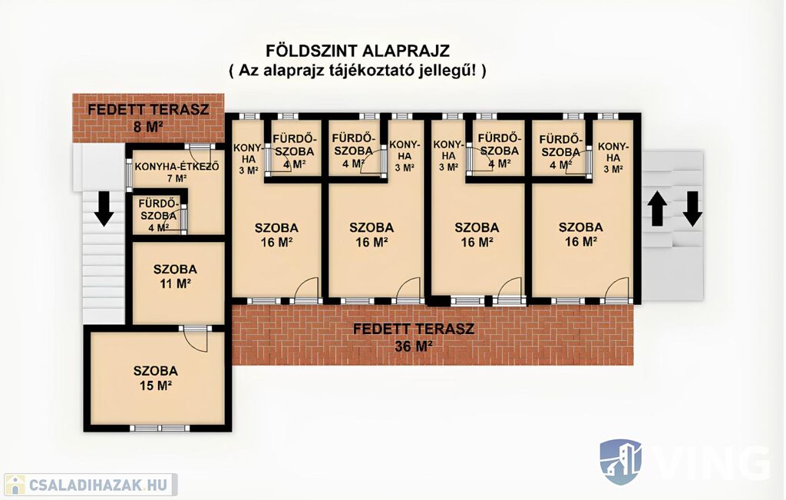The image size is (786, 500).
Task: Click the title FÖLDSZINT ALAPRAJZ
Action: pyautogui.click(x=357, y=51)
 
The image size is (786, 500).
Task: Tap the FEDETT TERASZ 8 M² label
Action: pyautogui.click(x=148, y=118)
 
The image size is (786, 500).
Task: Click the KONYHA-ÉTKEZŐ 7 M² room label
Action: pyautogui.click(x=177, y=172)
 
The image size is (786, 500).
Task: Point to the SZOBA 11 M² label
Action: pyautogui.click(x=175, y=276)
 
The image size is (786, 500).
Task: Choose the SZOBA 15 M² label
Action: pyautogui.click(x=155, y=377)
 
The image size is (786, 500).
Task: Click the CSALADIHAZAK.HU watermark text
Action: pyautogui.click(x=97, y=485)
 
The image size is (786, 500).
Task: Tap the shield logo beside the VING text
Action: pyautogui.click(x=620, y=462)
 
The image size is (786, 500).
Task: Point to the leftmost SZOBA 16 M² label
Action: pyautogui.click(x=276, y=234)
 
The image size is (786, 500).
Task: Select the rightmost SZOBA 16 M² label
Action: pyautogui.click(x=580, y=234)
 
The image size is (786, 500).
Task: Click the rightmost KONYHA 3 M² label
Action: pyautogui.click(x=613, y=157)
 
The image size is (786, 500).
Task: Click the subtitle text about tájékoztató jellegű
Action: pyautogui.click(x=357, y=71)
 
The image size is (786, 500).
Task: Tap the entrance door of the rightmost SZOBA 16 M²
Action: pyautogui.click(x=617, y=290)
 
